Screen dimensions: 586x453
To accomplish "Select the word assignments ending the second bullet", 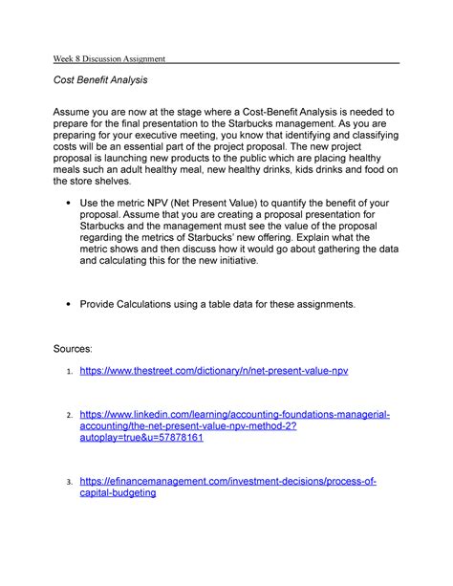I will coord(320,304).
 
